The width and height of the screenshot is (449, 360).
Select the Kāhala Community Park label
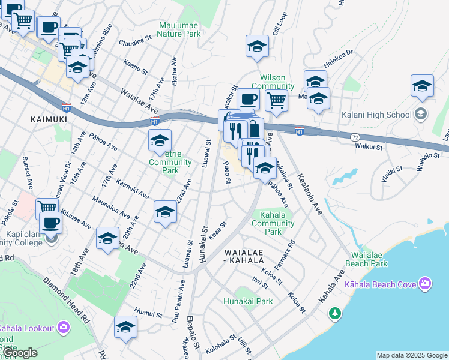click(x=273, y=223)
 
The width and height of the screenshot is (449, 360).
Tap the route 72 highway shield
click(x=355, y=137)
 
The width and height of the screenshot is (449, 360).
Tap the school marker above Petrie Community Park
click(x=160, y=141)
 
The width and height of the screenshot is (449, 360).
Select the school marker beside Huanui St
click(x=125, y=327)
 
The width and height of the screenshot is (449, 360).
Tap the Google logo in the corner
click(x=20, y=353)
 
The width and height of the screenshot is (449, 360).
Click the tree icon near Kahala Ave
click(x=334, y=313)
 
